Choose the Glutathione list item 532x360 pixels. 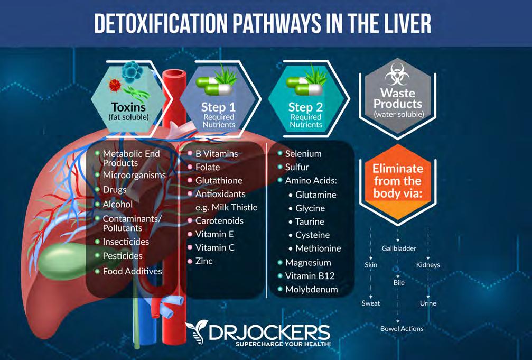(219, 180)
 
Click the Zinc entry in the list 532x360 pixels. (203, 261)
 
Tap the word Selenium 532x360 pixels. (303, 154)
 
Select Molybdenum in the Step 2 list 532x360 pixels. (311, 289)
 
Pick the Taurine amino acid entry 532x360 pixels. (310, 221)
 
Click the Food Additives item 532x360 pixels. (132, 271)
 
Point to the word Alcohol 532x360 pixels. (117, 204)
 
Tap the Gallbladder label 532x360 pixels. (399, 248)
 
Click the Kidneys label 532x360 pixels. (428, 265)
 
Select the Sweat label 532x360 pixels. (371, 303)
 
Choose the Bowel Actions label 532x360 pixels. (402, 328)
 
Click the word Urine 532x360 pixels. (428, 303)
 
